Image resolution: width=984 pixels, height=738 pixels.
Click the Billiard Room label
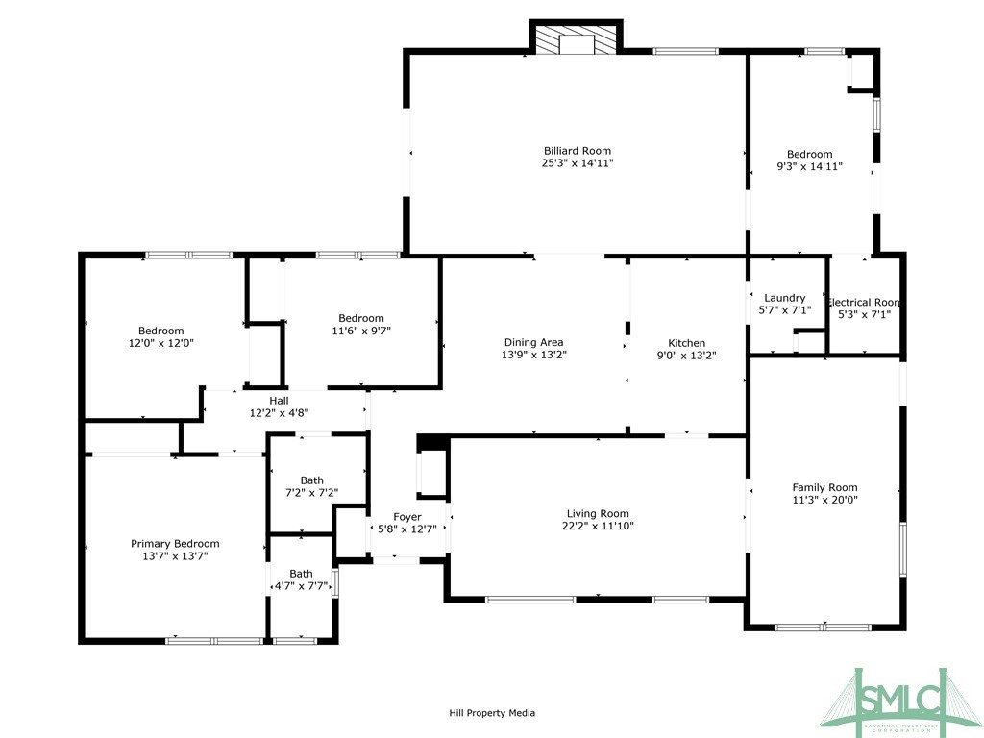click(x=577, y=151)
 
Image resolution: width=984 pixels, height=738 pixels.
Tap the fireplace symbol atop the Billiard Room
click(x=577, y=41)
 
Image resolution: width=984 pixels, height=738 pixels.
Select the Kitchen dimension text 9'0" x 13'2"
click(x=686, y=356)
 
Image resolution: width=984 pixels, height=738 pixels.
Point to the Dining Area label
click(x=533, y=343)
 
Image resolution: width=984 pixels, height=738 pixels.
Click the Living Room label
click(x=597, y=513)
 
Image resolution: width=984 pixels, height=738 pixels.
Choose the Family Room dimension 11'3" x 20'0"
click(x=824, y=500)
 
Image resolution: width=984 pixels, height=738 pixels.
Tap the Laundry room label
click(x=784, y=298)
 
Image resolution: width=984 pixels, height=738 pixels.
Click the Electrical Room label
click(x=863, y=302)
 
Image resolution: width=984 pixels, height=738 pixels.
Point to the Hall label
click(x=279, y=401)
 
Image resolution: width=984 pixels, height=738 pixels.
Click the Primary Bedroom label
click(x=175, y=543)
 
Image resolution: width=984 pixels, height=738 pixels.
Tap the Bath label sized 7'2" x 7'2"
click(x=311, y=480)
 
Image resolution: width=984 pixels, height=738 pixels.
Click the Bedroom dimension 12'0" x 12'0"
click(x=160, y=343)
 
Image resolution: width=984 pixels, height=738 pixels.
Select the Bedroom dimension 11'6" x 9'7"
click(x=360, y=331)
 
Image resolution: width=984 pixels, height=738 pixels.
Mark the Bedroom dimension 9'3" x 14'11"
click(x=809, y=166)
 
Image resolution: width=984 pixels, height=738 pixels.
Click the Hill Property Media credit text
click(x=492, y=713)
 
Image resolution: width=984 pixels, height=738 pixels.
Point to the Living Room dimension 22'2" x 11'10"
click(x=597, y=526)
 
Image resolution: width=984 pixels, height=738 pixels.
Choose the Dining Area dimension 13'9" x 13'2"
click(x=533, y=355)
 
